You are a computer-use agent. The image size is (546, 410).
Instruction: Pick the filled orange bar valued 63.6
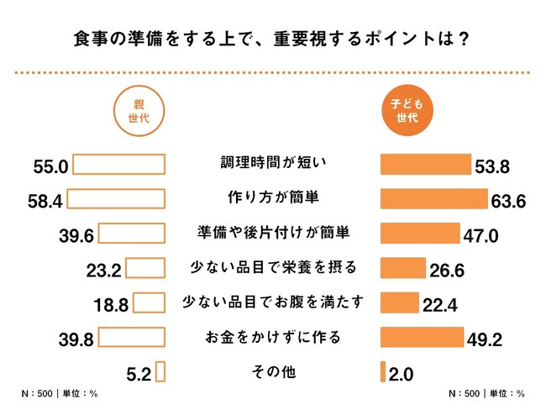pos(434,198)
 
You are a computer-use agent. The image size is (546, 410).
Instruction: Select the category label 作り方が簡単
pos(272,198)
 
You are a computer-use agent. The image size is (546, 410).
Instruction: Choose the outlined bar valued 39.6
pos(133,234)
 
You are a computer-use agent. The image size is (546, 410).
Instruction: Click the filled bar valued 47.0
pos(420,234)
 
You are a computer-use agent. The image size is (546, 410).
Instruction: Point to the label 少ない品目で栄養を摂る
pos(272,268)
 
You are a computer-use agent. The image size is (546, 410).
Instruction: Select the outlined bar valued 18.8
pos(150,302)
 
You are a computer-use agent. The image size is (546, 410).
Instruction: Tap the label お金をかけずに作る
pos(272,337)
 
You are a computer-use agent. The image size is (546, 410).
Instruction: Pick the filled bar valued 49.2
pos(422,337)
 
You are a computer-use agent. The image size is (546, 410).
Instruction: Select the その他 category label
pos(272,371)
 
